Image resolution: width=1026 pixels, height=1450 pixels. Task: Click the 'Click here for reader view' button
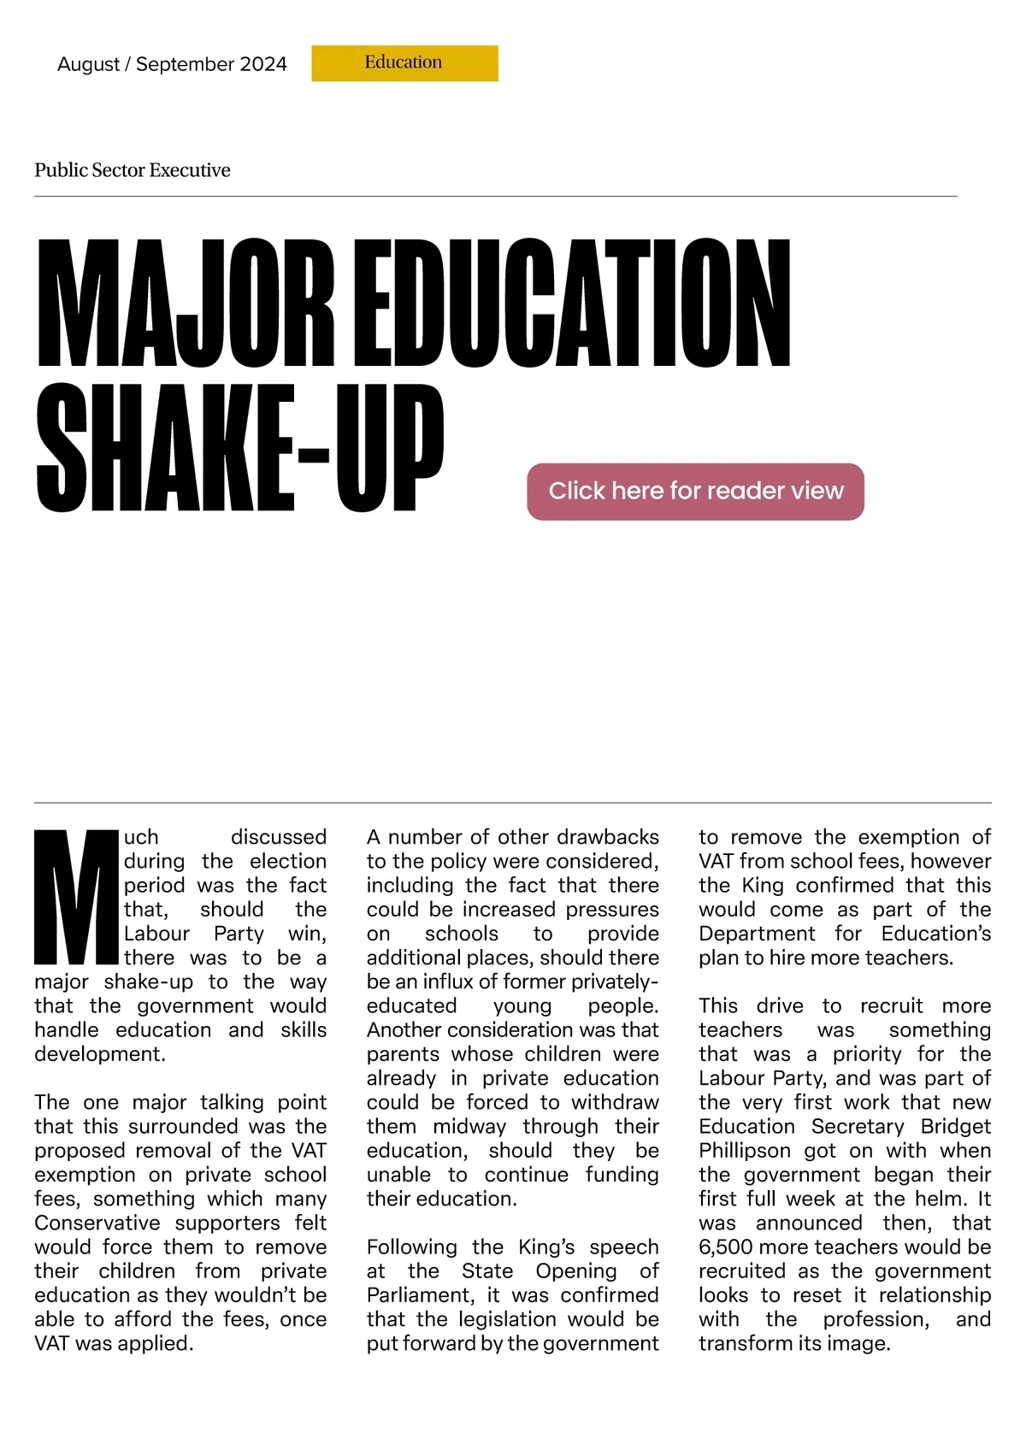(695, 491)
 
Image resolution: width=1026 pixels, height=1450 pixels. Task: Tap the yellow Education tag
(404, 63)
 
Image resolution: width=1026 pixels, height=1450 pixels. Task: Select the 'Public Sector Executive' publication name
(133, 170)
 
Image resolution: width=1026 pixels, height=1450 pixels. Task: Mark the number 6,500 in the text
(725, 1247)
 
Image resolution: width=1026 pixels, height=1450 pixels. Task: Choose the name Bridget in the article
(956, 1126)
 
